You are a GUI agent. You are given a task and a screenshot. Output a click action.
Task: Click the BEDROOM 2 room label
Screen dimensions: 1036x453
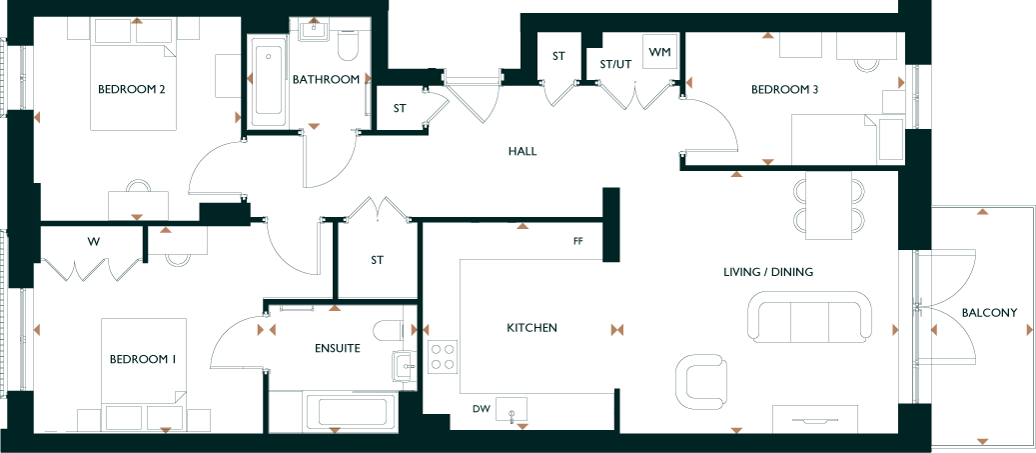click(131, 89)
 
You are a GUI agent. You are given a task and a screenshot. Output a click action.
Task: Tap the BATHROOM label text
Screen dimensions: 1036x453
click(326, 79)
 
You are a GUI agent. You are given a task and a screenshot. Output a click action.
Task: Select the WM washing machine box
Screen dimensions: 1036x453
click(660, 52)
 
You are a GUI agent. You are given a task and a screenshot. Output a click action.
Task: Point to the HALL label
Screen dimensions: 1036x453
click(522, 151)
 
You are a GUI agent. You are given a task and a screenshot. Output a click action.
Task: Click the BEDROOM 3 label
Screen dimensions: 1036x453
click(785, 89)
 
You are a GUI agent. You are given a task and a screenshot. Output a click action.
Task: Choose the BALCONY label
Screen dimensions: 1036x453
click(989, 313)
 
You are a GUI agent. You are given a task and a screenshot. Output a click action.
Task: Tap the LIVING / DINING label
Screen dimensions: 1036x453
click(767, 272)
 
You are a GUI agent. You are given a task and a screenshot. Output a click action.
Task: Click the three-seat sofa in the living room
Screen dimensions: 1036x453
click(810, 317)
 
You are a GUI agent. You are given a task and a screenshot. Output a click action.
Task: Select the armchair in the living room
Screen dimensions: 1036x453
click(701, 382)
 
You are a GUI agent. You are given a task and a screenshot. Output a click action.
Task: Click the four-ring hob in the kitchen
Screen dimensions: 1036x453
click(443, 356)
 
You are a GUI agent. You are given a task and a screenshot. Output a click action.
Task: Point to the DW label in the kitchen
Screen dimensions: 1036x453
click(481, 409)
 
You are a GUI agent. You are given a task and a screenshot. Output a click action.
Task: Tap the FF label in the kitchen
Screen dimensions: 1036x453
click(578, 241)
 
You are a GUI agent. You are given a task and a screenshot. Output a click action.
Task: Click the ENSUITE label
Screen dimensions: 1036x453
click(338, 348)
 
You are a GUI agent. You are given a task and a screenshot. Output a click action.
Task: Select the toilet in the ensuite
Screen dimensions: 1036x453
click(394, 330)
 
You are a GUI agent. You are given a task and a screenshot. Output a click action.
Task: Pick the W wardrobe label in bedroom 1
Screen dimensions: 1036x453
click(94, 241)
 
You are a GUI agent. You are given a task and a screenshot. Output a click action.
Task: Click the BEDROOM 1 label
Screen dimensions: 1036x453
click(143, 360)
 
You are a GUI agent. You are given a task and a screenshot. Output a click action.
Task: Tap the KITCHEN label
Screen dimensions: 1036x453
click(531, 327)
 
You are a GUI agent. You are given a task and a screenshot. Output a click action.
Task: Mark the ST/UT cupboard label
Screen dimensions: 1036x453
click(615, 65)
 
